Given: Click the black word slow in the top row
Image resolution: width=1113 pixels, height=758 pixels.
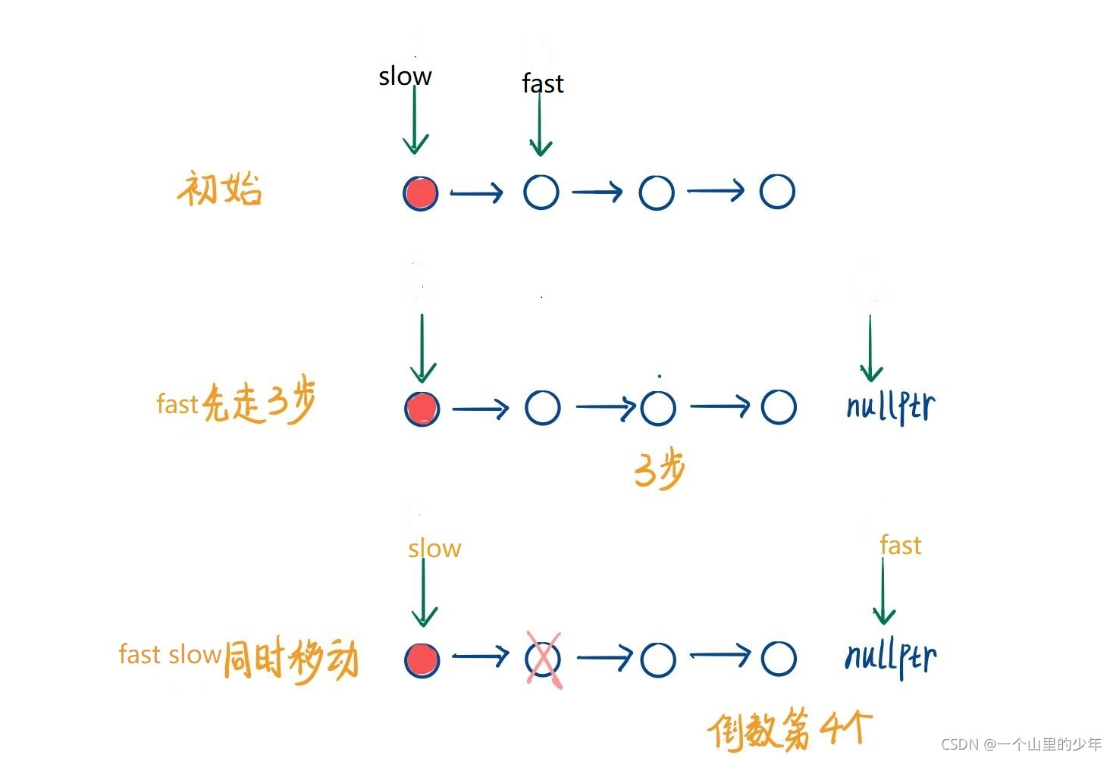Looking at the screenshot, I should point(405,76).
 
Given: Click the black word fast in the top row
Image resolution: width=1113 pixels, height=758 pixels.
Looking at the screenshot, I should point(543,83).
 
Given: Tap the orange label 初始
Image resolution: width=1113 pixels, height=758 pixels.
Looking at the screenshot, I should point(220,189).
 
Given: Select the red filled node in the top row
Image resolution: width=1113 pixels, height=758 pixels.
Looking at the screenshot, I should point(421,193).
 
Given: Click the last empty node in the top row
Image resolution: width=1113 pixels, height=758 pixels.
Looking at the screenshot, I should point(777,192).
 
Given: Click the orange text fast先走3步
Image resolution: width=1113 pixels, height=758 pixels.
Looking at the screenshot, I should point(236,403).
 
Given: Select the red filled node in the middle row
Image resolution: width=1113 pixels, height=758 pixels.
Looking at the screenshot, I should point(422,408).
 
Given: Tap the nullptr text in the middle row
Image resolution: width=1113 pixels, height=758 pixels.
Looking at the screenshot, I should point(891,407).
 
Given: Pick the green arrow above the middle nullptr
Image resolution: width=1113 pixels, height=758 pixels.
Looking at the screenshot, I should point(870,349).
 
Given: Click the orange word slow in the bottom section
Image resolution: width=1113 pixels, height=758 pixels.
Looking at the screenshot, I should point(434,548).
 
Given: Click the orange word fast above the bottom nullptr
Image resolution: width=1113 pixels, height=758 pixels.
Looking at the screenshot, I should point(900,545).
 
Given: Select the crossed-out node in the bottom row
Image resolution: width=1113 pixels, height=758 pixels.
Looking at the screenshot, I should point(544,659).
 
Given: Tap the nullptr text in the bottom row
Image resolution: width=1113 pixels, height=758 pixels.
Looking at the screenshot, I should point(891,657).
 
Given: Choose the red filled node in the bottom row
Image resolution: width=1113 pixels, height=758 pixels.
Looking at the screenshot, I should point(422,659).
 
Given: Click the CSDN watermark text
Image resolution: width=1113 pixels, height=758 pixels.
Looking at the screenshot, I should point(1021,744).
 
